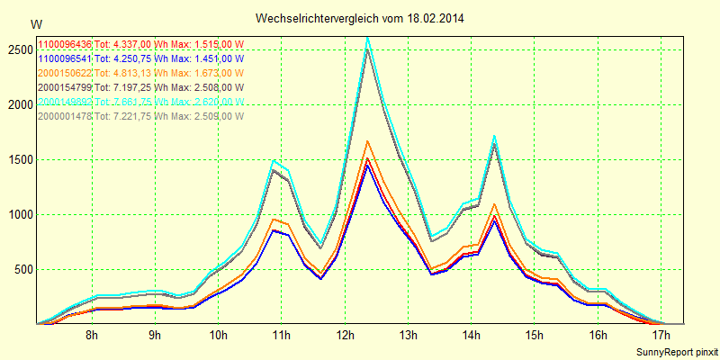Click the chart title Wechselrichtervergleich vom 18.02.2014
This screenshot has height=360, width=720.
click(x=360, y=18)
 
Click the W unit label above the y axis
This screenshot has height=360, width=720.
click(x=35, y=23)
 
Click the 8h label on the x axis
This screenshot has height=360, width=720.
click(x=92, y=335)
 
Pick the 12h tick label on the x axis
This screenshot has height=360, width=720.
click(x=344, y=335)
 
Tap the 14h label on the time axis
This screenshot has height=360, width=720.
click(x=470, y=335)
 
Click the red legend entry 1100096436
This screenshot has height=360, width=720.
click(x=65, y=44)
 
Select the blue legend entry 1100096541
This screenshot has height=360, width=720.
click(x=65, y=58)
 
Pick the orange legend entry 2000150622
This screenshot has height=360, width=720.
click(x=65, y=73)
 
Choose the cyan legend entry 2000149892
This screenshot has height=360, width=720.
click(x=65, y=102)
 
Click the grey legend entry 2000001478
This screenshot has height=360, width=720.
click(x=65, y=115)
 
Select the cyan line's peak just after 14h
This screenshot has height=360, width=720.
click(x=494, y=137)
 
